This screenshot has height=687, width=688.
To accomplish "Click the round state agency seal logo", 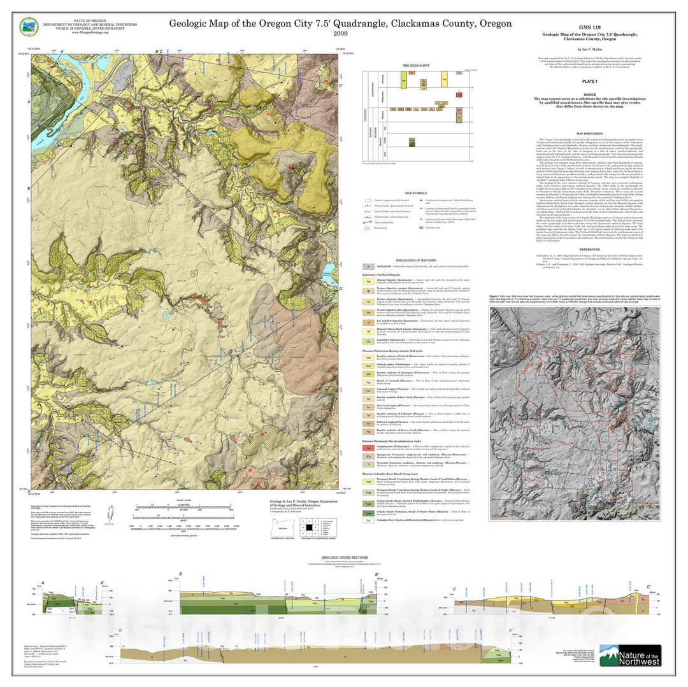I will (x=28, y=26).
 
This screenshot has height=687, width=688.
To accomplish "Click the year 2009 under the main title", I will (x=340, y=34).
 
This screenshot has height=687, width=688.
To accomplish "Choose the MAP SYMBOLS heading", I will (x=415, y=193).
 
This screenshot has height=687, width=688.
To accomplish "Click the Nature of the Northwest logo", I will (x=630, y=655).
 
